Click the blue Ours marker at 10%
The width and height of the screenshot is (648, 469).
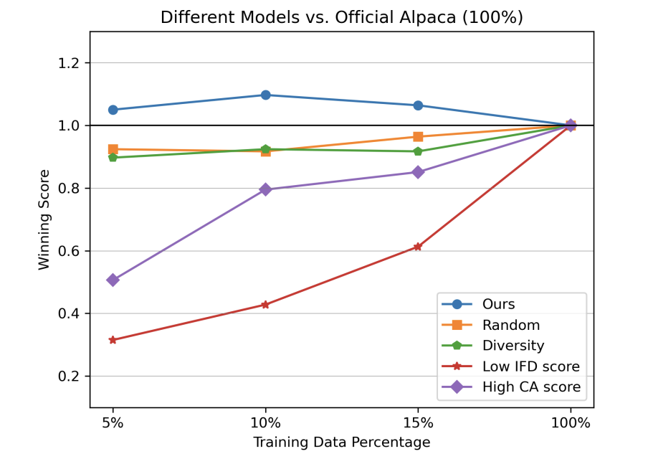coord(265,95)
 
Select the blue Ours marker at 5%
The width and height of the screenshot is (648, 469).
coord(113,110)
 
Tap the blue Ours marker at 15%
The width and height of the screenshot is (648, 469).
coord(418,105)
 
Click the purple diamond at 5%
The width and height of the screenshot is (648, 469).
coord(113,280)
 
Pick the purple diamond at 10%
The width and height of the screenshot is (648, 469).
coord(265,189)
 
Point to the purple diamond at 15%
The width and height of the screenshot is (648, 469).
coord(418,172)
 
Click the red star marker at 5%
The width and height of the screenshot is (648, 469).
coord(113,340)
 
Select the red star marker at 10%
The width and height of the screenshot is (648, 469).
coord(265,305)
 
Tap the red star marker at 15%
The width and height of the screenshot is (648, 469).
coord(418,247)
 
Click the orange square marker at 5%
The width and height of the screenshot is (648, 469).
coord(113,149)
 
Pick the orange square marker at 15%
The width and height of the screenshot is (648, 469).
coord(418,136)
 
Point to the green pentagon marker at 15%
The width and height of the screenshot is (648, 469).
coord(418,151)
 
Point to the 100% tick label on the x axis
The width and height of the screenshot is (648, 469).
coord(571,423)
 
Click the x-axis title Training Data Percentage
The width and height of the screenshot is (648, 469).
coord(341,442)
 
